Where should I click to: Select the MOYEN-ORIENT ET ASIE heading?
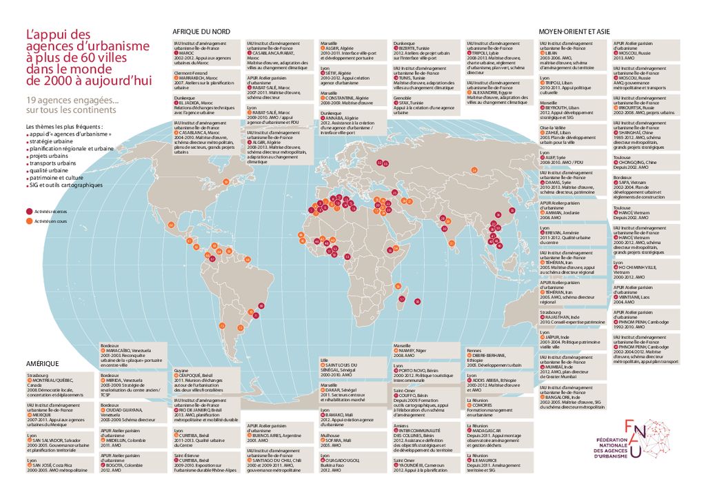pos(574,32)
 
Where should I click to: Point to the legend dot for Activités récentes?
pos(29,211)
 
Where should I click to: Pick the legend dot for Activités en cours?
pos(29,221)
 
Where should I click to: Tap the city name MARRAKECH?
pos(196,77)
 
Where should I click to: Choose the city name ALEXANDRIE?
pos(492,92)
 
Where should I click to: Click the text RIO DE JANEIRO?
pos(198,409)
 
